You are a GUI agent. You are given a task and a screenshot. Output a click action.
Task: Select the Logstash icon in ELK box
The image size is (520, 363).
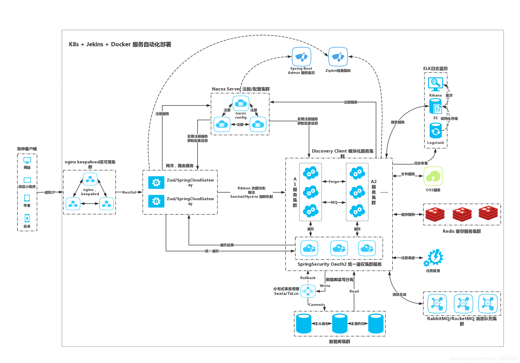pos(435,131)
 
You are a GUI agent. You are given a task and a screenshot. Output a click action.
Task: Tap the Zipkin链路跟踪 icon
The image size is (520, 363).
pos(338,57)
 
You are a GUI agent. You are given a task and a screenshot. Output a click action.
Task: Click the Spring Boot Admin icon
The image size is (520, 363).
pos(301,57)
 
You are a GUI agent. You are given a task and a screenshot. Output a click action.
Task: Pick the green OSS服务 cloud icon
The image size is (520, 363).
pos(433,176)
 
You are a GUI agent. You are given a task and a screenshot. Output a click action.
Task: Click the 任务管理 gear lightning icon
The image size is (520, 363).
pos(434,257)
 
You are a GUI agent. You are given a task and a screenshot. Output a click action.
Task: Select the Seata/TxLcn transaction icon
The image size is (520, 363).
pos(308,291)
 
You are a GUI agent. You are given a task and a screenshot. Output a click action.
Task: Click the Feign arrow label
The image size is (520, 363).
pos(334,181)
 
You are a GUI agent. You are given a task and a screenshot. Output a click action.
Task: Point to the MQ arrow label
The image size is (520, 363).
pos(334,202)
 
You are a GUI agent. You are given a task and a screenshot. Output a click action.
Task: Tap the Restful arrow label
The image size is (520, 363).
pos(129,192)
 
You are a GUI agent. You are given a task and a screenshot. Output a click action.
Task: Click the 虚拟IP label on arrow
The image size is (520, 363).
pos(50,192)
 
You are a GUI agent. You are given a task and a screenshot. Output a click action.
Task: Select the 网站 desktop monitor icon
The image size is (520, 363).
pos(27,160)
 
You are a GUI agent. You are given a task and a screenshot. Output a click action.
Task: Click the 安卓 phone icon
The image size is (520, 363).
pos(27,218)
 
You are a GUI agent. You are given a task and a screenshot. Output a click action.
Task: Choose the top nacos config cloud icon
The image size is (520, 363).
pos(241,103)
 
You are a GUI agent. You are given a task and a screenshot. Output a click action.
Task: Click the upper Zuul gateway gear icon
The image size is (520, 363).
pos(156,183)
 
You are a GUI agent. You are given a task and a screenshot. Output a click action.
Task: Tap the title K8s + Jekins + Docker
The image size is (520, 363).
pos(120,44)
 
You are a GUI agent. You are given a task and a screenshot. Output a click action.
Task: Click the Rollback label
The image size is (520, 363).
pos(308,278)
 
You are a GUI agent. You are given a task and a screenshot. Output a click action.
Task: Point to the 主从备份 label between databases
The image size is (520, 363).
pos(321,324)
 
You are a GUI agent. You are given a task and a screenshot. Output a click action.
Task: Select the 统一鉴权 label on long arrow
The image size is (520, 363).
pos(212,251)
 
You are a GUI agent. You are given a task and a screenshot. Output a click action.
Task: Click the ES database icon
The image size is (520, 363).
pos(435,107)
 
